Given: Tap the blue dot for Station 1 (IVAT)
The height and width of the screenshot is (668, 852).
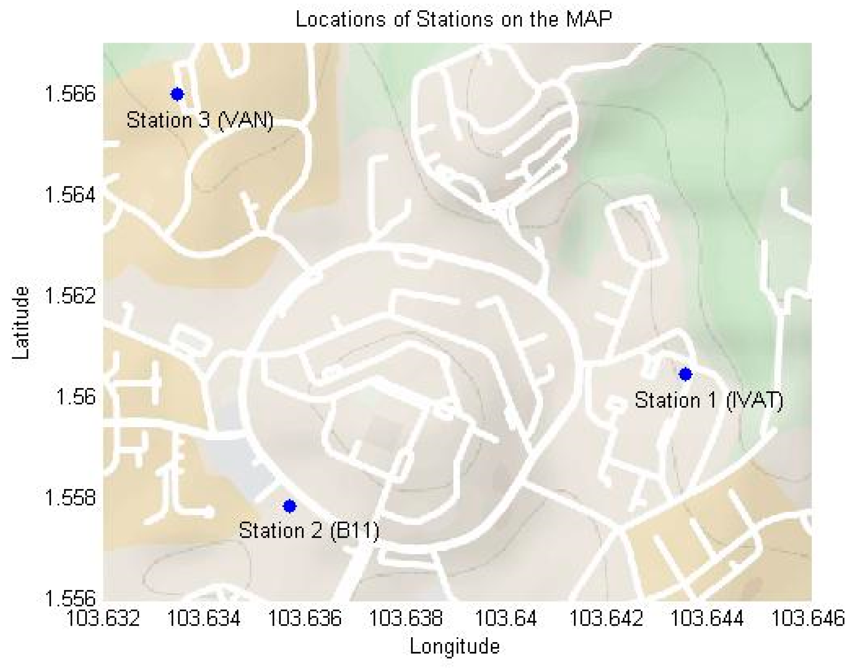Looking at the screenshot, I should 685,374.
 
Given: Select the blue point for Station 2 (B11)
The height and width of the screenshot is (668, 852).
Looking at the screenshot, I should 289,506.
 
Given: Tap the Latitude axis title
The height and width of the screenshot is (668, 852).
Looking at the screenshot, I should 20,323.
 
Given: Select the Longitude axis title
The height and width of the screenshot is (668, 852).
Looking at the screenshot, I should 455,646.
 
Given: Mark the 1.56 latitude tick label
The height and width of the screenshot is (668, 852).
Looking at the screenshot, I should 76,397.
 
